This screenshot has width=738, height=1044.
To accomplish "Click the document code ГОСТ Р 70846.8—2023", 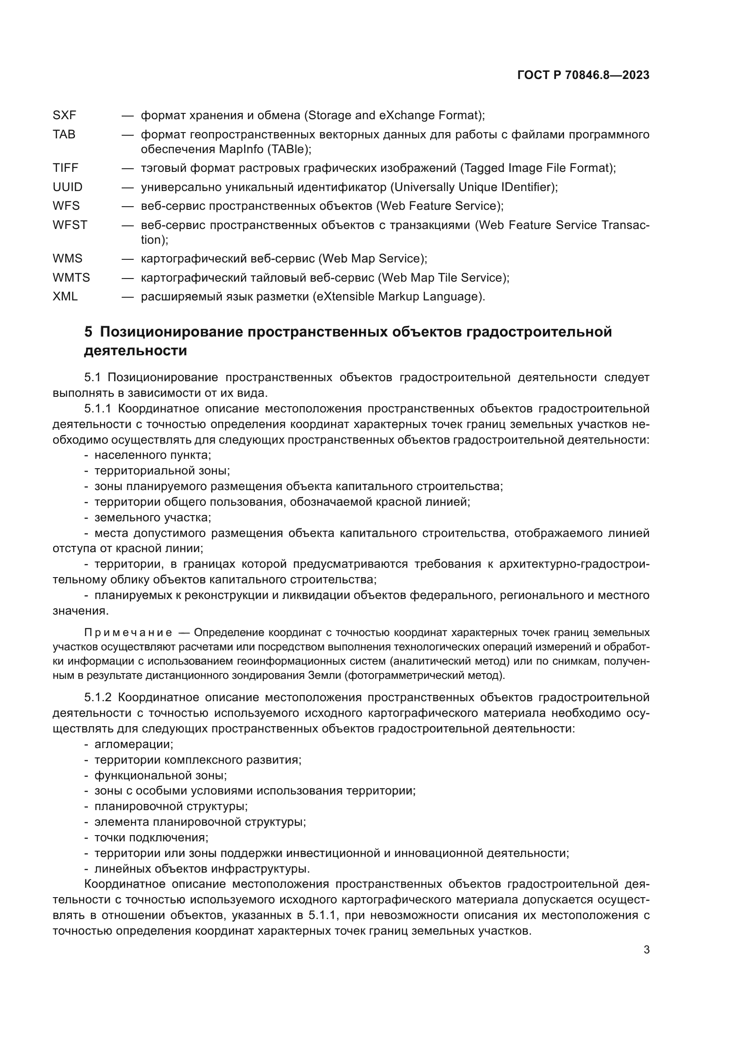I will click(583, 75).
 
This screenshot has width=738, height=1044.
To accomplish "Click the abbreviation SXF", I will click(65, 116).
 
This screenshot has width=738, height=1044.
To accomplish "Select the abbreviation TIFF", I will click(66, 168).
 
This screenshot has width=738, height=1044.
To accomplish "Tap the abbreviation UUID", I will click(68, 187).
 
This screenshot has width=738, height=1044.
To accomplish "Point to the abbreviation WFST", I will click(70, 225).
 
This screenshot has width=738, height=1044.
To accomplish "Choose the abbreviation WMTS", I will click(71, 278).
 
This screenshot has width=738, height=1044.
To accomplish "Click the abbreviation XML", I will click(65, 297).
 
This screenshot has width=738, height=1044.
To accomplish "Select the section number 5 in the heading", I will click(88, 333).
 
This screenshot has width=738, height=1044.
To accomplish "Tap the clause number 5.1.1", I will click(98, 409).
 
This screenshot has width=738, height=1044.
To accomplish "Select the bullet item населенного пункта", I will click(152, 455).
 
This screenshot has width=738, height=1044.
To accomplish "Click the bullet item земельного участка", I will click(152, 517).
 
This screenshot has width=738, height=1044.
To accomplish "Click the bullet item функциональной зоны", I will click(161, 776).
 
